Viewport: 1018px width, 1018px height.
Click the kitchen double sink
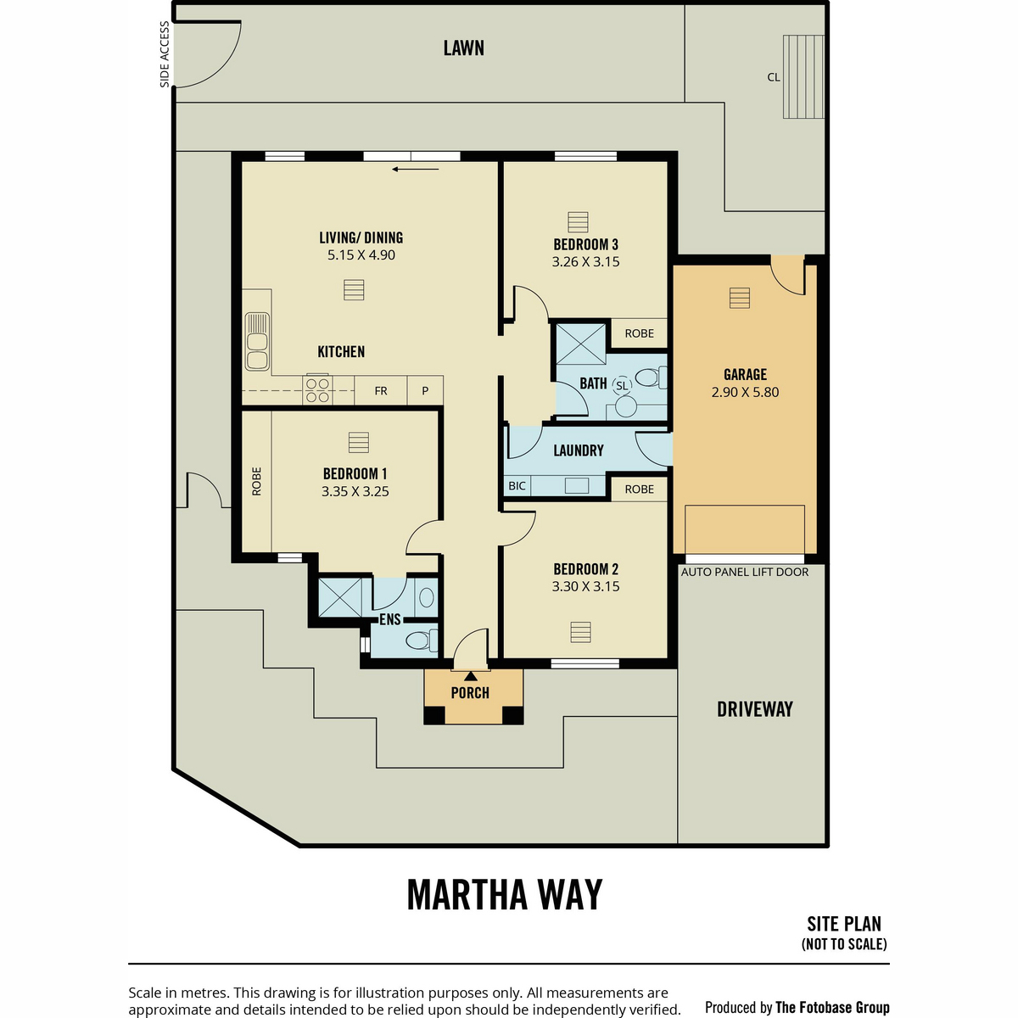257,342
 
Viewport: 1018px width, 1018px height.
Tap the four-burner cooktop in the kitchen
317,390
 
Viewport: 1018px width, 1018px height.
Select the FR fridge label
381,391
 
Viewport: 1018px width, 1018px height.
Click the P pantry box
425,391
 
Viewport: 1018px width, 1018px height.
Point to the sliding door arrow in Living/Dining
415,170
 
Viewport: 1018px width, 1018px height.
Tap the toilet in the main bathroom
651,378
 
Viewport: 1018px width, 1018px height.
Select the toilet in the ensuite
422,641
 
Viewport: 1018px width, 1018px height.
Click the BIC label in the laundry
517,485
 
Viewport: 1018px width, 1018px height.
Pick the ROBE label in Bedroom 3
640,333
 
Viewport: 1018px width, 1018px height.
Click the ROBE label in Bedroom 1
257,481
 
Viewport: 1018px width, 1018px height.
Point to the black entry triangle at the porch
471,676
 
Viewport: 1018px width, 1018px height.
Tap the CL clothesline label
774,77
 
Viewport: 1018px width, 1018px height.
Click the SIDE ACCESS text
165,54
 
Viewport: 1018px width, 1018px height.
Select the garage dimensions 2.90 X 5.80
745,392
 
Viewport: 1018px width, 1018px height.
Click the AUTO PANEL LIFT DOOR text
744,572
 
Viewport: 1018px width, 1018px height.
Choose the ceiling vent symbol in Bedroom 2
580,632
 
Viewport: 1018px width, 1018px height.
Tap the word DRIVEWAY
755,709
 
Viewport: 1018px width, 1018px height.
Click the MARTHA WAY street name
505,894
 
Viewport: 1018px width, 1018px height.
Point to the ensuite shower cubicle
340,597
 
